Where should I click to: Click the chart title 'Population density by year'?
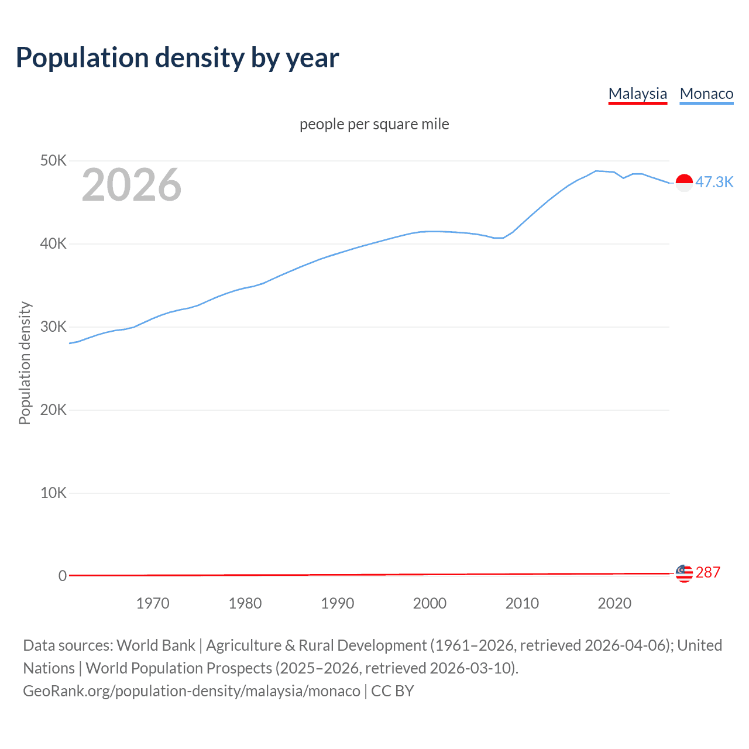[177, 58]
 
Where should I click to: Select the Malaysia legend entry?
[637, 94]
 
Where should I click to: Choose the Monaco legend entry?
[706, 94]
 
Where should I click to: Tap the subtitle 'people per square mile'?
[374, 124]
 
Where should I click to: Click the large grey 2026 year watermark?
[132, 185]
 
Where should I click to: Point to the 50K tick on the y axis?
[53, 160]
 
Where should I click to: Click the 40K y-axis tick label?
[53, 243]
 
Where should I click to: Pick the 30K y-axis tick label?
[53, 327]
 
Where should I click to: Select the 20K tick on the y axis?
[53, 410]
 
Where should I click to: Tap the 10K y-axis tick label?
[53, 493]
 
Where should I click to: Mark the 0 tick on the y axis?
[63, 576]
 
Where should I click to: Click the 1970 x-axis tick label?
[153, 603]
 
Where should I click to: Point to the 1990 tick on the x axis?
[338, 603]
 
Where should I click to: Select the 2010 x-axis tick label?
[522, 603]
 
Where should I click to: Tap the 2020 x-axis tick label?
[614, 603]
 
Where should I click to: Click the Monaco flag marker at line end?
[684, 183]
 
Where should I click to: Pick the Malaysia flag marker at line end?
[684, 573]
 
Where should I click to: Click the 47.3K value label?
[714, 182]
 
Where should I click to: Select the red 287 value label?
[708, 572]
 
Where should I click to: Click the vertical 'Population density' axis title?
[25, 363]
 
